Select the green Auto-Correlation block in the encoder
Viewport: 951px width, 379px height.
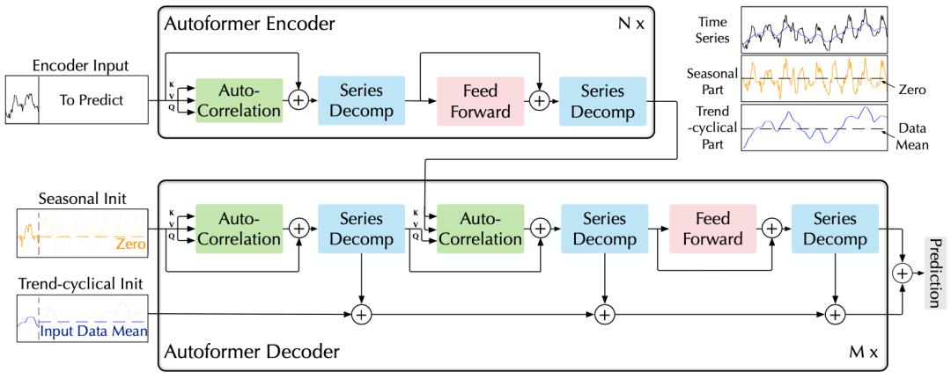(x=239, y=102)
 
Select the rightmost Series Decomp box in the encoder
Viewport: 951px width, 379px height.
(x=602, y=102)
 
